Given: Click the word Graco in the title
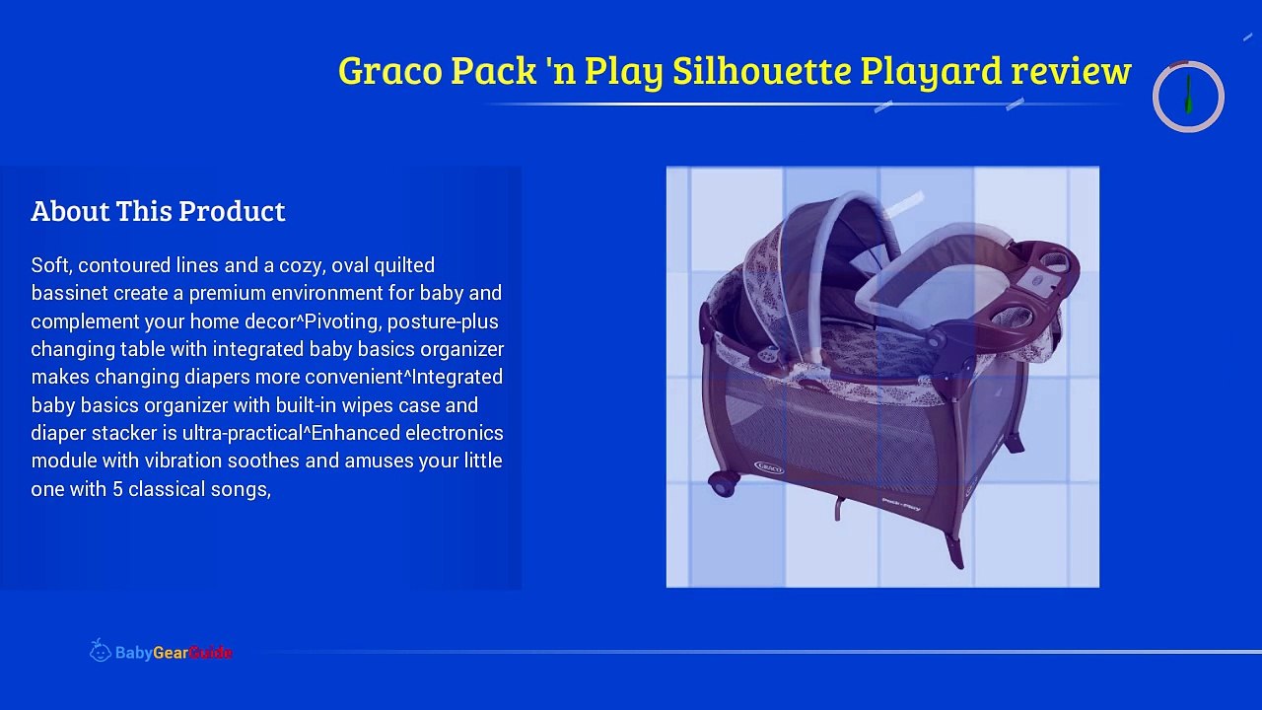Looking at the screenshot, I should pyautogui.click(x=389, y=71).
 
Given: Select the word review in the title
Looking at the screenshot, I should pyautogui.click(x=1071, y=71).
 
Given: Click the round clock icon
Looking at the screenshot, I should pyautogui.click(x=1188, y=97).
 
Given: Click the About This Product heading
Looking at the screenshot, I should pyautogui.click(x=158, y=211).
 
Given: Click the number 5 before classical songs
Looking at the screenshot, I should pyautogui.click(x=117, y=489).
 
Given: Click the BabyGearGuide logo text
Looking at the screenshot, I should pyautogui.click(x=174, y=653).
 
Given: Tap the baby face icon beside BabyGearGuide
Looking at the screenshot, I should pyautogui.click(x=100, y=651).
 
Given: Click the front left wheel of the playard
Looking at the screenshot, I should pyautogui.click(x=724, y=483).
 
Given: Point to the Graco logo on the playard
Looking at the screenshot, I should pyautogui.click(x=769, y=465).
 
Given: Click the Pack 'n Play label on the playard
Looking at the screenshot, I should pyautogui.click(x=900, y=504).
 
